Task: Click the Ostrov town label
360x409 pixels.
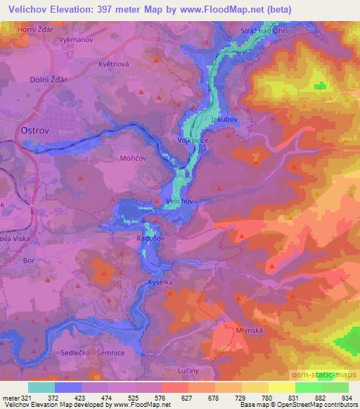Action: tap(30, 131)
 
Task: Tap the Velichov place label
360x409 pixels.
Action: tap(178, 201)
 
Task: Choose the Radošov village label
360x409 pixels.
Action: tap(150, 238)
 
